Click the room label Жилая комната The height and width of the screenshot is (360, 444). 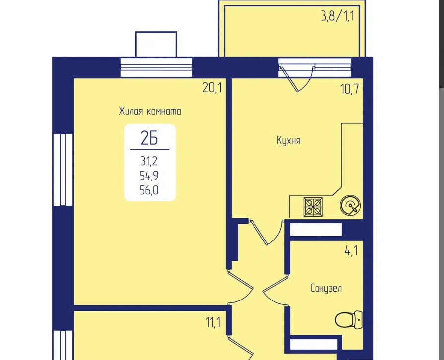(150, 111)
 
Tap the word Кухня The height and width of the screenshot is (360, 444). (289, 140)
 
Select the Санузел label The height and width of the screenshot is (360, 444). (326, 288)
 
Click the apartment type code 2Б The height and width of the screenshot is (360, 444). (149, 138)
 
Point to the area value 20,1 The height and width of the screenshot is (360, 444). (212, 88)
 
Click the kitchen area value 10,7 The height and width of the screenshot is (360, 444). (350, 89)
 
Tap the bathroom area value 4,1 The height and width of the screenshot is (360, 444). (351, 251)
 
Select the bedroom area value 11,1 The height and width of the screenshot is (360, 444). (213, 322)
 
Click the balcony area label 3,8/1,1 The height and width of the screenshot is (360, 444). (338, 16)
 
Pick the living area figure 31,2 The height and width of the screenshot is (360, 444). (149, 161)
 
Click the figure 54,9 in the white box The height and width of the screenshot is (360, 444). (149, 176)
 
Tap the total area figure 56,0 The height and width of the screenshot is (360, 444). (149, 190)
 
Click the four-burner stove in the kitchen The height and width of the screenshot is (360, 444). (313, 207)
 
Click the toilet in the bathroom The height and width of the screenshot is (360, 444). (349, 320)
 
